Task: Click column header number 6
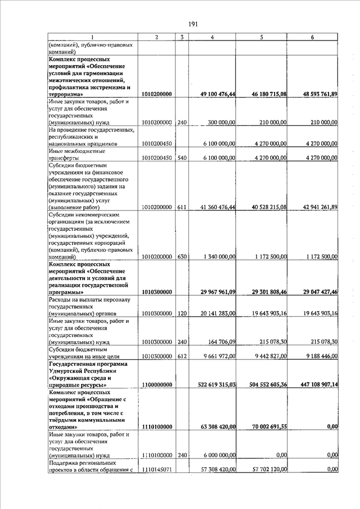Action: click(x=312, y=37)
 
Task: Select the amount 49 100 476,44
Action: click(x=215, y=94)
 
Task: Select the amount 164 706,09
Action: click(x=222, y=341)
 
